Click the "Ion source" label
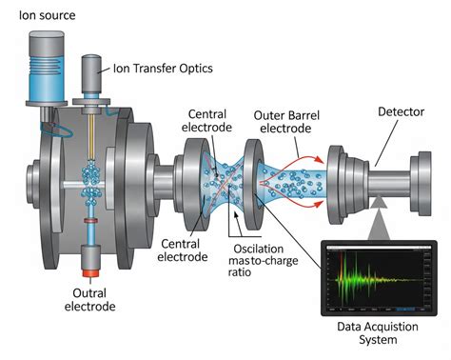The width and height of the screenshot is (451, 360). click(46, 15)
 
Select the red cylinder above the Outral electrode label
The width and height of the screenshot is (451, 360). click(93, 257)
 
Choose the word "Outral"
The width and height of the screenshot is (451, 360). click(94, 292)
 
